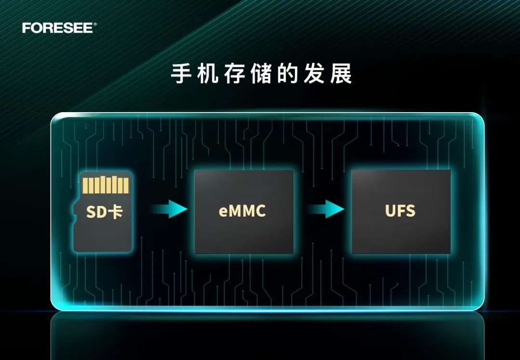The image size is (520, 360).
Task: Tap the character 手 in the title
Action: click(x=182, y=74)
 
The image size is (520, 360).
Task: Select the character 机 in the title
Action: click(x=208, y=74)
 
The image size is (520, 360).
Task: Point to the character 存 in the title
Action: click(x=234, y=74)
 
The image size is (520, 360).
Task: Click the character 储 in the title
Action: click(x=261, y=74)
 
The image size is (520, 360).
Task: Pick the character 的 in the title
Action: click(x=287, y=74)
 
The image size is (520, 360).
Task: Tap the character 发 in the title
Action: click(x=314, y=74)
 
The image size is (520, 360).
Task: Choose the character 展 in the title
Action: click(x=341, y=74)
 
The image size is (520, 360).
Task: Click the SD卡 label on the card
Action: click(x=104, y=211)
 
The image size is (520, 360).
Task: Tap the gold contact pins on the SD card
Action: click(x=106, y=185)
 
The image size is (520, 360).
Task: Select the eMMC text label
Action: click(x=242, y=211)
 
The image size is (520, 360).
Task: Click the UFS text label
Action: click(x=400, y=211)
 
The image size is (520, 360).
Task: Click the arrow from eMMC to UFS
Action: click(x=326, y=209)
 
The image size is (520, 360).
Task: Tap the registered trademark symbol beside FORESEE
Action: click(x=95, y=24)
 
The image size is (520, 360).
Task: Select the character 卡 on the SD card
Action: click(x=116, y=211)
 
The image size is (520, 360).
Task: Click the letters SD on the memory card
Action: click(x=96, y=212)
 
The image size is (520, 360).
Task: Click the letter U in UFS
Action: click(x=391, y=211)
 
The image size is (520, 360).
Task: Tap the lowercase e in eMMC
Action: click(x=223, y=212)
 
